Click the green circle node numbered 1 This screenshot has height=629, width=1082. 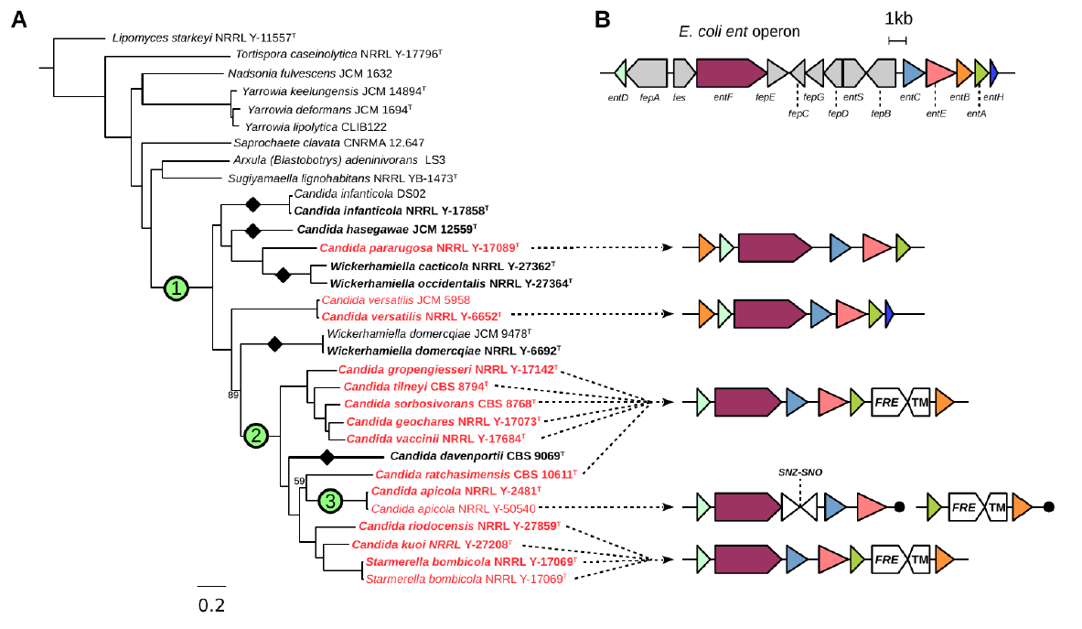point(176,289)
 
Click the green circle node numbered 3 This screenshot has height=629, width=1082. point(332,500)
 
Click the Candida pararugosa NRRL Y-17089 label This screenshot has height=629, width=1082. point(420,248)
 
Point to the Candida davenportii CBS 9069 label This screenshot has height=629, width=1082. point(478,456)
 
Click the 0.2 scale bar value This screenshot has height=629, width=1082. point(211,605)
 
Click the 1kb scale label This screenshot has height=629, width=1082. point(897,17)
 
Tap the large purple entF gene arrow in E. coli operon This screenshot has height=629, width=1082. point(730,71)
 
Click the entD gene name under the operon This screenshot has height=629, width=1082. point(618,96)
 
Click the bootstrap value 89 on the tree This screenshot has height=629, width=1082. point(233,395)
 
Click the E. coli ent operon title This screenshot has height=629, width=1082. point(739,31)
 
